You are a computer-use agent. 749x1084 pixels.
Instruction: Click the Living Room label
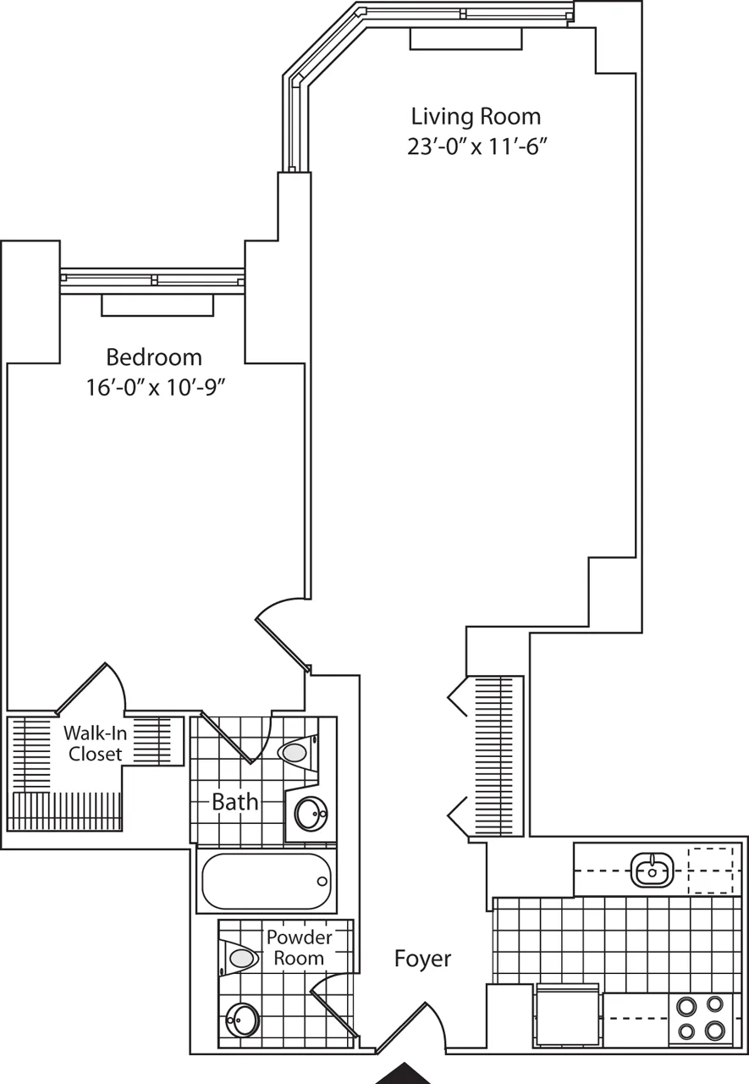coord(475,116)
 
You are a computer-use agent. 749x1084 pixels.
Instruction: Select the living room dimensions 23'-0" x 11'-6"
coord(475,147)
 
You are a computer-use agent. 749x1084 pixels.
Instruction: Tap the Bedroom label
coord(154,357)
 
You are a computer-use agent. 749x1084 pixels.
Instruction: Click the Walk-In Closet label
coord(95,742)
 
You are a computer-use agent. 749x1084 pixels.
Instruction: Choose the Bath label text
coord(234,802)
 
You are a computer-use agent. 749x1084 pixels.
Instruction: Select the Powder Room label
coord(299,948)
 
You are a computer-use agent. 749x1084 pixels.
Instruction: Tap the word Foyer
coord(422,959)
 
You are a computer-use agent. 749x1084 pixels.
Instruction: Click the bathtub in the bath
coord(266,882)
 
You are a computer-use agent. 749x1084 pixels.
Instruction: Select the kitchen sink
coord(653,867)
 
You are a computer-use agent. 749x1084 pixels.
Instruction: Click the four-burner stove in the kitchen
coord(702,1019)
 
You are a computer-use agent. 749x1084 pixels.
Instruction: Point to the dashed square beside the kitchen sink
coord(709,870)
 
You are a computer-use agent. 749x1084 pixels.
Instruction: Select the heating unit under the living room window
coord(465,39)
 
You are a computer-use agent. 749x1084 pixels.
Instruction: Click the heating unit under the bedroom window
coord(157,305)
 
